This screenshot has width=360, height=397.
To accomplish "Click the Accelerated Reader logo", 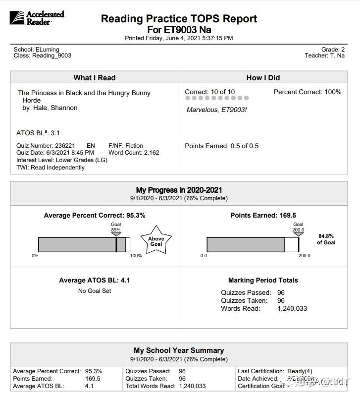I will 37,18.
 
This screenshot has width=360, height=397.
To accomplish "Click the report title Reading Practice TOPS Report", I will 179,19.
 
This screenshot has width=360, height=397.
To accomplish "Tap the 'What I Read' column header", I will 94,77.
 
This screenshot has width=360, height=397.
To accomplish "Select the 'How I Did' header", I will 263,77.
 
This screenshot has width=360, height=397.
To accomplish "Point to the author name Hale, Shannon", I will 54,108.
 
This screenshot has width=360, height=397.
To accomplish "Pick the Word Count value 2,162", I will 148,153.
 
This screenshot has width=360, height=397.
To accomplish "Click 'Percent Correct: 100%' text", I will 307,92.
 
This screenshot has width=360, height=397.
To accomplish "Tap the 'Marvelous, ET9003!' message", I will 216,110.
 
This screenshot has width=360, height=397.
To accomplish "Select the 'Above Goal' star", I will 156,241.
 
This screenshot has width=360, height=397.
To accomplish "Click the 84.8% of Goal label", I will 326,239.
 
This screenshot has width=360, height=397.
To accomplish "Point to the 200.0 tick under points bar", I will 304,256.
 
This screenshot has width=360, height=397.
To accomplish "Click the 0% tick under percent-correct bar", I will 35,256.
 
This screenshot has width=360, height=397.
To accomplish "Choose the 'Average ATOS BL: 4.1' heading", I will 94,281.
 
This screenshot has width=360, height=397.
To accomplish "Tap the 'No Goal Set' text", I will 94,291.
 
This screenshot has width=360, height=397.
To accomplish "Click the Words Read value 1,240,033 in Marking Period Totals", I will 292,308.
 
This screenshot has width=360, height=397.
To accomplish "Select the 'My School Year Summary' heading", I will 179,350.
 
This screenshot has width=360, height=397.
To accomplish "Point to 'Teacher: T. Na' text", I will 324,56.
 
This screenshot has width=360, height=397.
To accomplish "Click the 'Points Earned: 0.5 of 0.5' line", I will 221,146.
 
